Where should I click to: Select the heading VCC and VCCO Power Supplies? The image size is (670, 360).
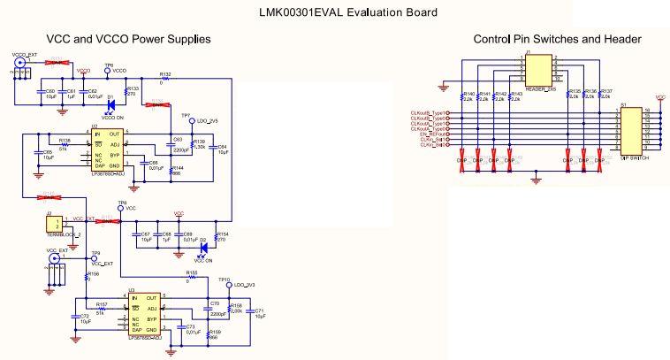point(128,39)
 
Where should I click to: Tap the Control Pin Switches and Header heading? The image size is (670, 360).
point(557,39)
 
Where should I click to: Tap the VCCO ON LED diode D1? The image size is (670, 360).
point(110,105)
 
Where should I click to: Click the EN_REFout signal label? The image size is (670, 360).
point(430,133)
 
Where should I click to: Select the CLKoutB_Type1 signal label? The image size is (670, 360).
point(428,113)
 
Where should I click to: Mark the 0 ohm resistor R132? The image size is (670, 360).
point(165,79)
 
